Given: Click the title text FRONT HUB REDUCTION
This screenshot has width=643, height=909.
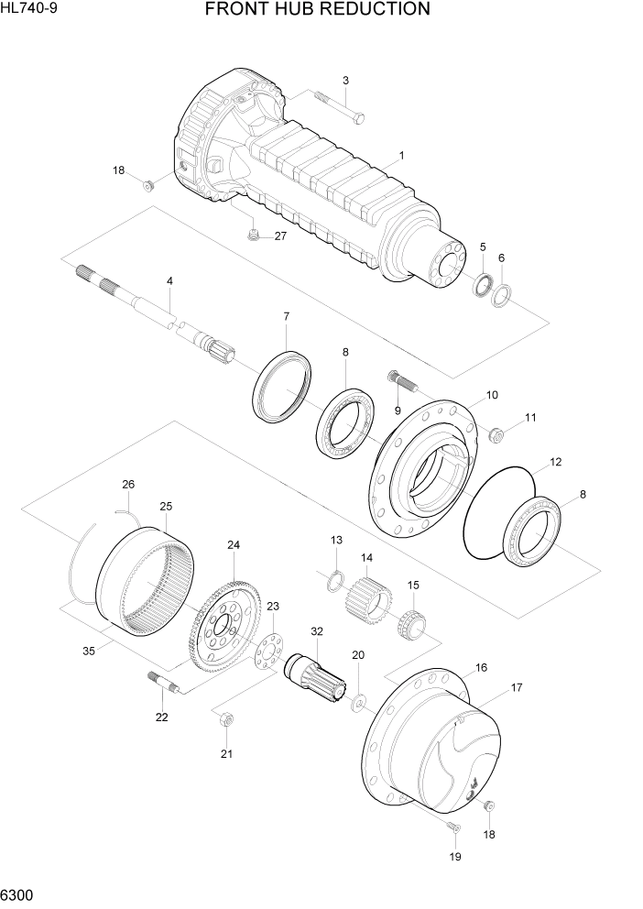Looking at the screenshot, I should (x=317, y=10).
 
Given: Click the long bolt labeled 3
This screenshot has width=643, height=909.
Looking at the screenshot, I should (x=340, y=108).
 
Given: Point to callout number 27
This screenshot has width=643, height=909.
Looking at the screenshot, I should (x=280, y=236).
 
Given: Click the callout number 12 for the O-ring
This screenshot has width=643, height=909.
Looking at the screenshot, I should (x=555, y=463).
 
